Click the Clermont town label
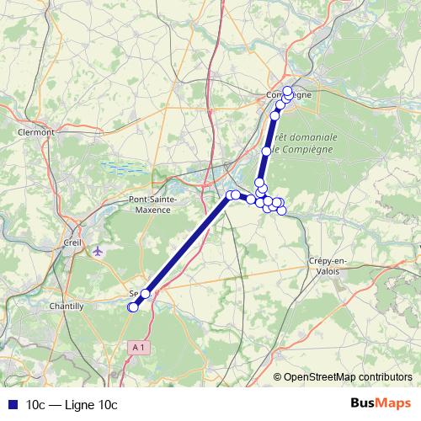pos(35,132)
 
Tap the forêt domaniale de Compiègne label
pos(305,142)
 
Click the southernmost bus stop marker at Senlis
pos(132,307)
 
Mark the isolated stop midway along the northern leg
pos(267,152)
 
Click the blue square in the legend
pos(13,405)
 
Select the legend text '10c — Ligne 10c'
pos(72,405)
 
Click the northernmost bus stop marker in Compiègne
pos(287,90)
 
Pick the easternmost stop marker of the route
pos(282,210)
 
